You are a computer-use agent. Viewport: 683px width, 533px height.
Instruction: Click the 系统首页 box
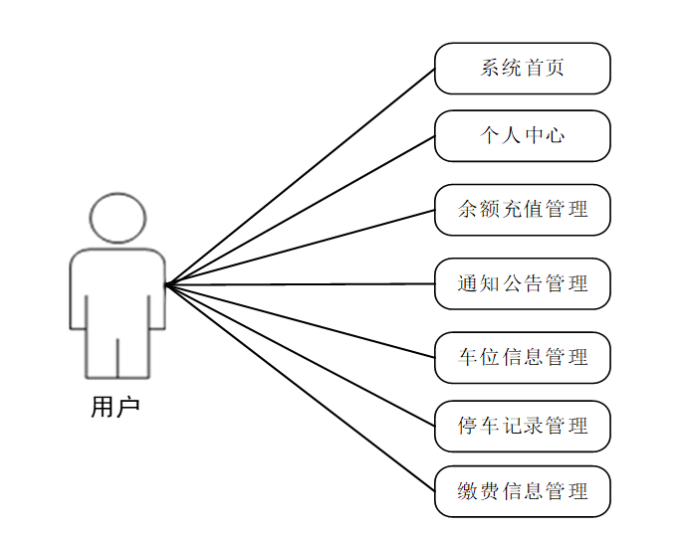click(x=522, y=69)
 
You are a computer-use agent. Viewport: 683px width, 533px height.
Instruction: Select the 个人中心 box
click(x=522, y=135)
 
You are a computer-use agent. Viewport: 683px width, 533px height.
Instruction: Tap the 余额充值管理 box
click(x=522, y=210)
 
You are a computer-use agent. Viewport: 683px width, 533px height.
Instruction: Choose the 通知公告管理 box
click(x=522, y=284)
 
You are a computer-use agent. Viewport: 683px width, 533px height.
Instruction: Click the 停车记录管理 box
click(x=522, y=427)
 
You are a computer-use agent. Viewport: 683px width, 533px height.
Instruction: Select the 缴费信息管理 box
click(x=522, y=491)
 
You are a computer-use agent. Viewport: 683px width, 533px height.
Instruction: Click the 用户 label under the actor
click(x=115, y=407)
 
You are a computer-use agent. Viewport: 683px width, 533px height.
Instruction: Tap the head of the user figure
click(x=117, y=218)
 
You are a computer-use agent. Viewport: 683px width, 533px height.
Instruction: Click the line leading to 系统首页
click(x=300, y=177)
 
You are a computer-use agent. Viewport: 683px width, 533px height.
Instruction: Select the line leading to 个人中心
click(x=300, y=211)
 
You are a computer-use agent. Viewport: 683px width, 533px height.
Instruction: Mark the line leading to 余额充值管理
click(x=300, y=248)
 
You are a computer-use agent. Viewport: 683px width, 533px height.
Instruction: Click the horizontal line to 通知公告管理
click(x=300, y=284)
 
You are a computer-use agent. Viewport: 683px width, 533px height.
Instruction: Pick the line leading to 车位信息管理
click(x=300, y=321)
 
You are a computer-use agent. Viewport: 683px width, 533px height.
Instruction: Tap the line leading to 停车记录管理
click(x=300, y=356)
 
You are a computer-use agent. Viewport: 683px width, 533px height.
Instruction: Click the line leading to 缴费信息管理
click(x=300, y=388)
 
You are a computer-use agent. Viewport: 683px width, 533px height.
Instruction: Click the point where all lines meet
click(x=167, y=285)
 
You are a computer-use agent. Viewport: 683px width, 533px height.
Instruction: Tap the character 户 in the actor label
click(x=128, y=407)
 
